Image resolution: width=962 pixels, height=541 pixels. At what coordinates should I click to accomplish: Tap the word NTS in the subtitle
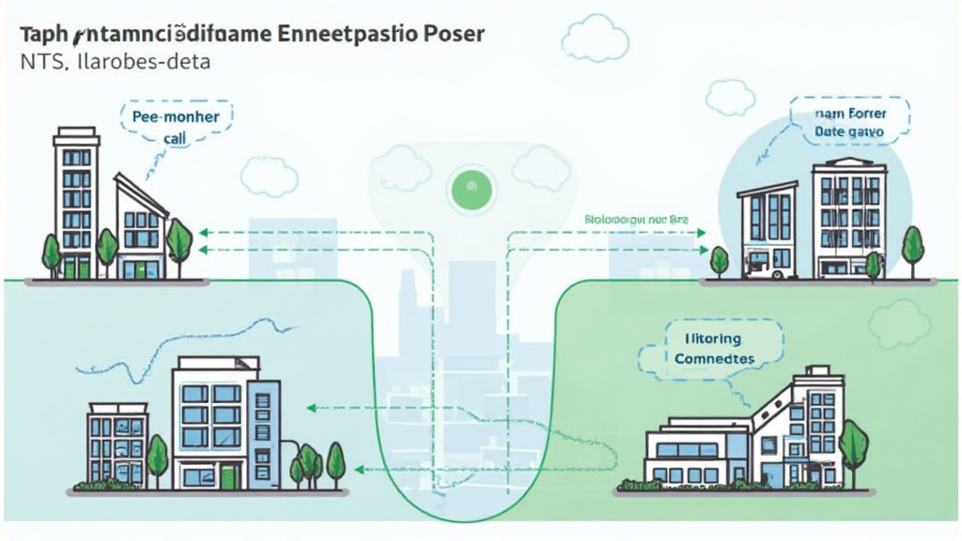pos(36,63)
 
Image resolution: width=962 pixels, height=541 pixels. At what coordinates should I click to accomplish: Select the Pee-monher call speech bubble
pos(175,127)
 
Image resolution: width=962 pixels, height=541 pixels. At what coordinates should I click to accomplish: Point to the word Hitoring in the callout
pos(707,339)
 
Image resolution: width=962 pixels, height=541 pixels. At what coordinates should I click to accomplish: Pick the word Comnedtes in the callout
pos(714,359)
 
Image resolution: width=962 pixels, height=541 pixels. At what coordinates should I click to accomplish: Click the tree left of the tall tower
pos(51,252)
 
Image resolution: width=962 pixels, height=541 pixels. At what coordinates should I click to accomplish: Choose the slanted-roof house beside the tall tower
pos(140,230)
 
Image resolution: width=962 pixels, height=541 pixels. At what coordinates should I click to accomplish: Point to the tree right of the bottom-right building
pos(853,446)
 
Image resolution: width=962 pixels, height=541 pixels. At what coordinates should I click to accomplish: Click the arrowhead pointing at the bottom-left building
pos(311,409)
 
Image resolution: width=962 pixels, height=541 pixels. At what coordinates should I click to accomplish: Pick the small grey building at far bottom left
pos(117,443)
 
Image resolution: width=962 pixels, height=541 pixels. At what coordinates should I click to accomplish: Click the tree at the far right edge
pos(912,247)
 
